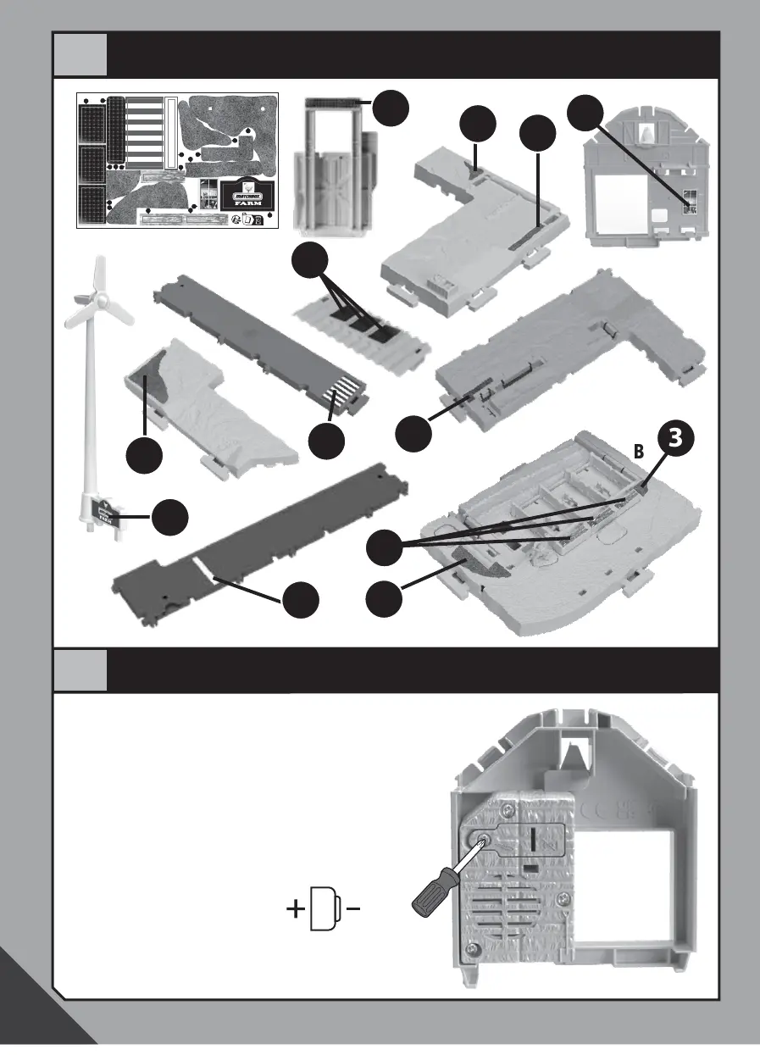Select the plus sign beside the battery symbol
(296, 911)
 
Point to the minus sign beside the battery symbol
(354, 911)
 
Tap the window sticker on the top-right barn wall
(691, 201)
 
